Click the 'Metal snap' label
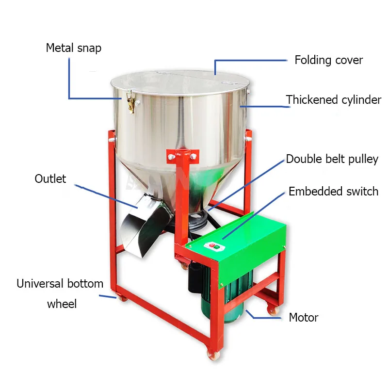(73, 48)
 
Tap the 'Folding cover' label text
(328, 60)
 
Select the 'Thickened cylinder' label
(333, 100)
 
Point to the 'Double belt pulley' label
(332, 159)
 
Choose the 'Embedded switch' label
(333, 191)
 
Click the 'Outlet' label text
(50, 178)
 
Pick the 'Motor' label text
(304, 318)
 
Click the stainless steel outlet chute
(141, 223)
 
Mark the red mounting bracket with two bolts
(182, 156)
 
